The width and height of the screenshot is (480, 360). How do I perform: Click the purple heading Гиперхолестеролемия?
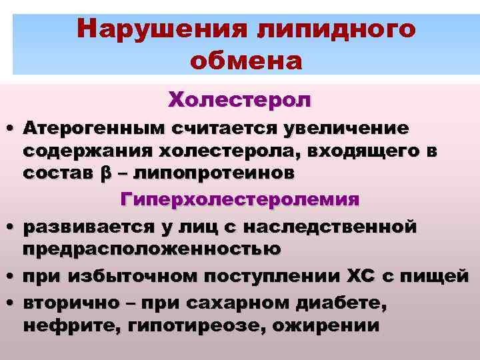(240, 199)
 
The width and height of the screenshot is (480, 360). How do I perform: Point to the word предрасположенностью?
(152, 249)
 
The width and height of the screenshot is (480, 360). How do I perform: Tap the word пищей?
(441, 277)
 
